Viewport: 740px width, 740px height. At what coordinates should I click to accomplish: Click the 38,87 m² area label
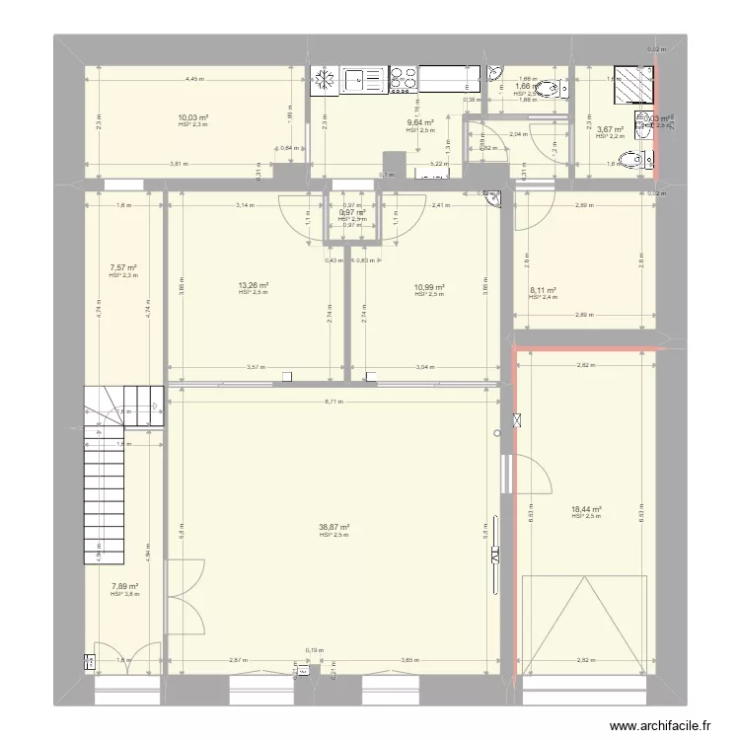pos(335,528)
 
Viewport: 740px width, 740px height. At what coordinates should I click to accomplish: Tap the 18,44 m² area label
pos(586,510)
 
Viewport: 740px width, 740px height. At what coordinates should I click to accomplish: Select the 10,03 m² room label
pos(193,117)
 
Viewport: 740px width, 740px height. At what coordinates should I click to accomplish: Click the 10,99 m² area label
pos(430,287)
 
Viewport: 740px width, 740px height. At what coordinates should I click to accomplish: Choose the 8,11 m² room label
pos(543,290)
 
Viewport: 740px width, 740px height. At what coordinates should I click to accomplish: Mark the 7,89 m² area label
pos(123,587)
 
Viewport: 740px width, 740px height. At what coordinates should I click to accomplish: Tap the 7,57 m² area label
pos(123,268)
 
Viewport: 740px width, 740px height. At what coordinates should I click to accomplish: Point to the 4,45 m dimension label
pos(193,79)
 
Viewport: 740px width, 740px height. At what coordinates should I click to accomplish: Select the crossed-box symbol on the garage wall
pos(514,421)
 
